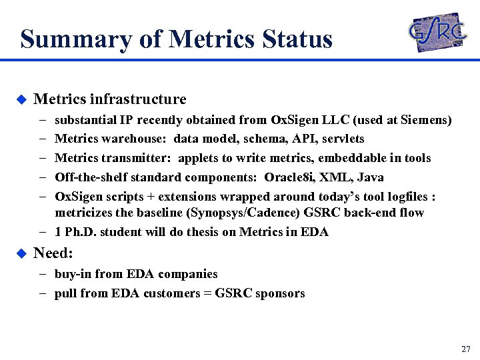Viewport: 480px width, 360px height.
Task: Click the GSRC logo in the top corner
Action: pyautogui.click(x=437, y=32)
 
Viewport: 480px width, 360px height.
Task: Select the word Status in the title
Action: pyautogui.click(x=297, y=39)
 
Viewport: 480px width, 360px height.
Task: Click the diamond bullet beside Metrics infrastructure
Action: pyautogui.click(x=21, y=100)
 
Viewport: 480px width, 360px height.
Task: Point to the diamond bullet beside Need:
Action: pyautogui.click(x=21, y=253)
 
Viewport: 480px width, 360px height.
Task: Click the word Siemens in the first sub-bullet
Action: pyautogui.click(x=425, y=121)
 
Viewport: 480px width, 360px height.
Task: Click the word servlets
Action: pyautogui.click(x=342, y=139)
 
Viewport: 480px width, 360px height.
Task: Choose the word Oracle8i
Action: pyautogui.click(x=289, y=177)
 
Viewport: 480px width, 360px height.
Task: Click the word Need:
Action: pyautogui.click(x=53, y=253)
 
